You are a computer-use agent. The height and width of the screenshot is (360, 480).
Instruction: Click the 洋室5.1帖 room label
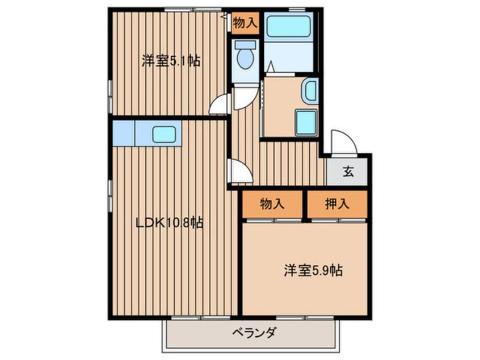pos(171,61)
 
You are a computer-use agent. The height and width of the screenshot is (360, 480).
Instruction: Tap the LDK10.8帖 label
pos(169,223)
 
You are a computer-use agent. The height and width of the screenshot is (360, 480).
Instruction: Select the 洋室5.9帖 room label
pos(313,270)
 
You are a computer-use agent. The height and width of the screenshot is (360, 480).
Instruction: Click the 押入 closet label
pos(337,204)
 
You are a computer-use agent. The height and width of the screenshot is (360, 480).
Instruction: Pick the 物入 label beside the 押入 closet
pos(272,204)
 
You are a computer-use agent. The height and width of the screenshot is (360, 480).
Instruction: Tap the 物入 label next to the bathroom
pos(245,23)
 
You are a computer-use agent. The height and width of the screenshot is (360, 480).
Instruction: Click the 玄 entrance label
pos(348,171)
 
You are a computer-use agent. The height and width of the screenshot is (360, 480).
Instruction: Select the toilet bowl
pos(246,59)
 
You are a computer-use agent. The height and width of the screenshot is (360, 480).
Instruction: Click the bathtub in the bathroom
pos(289,26)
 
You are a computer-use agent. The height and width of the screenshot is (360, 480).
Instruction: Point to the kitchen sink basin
pos(165,134)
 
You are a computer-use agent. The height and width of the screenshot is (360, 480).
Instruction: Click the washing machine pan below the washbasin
pos(306,122)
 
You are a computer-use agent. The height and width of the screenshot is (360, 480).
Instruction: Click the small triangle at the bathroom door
pos(271,66)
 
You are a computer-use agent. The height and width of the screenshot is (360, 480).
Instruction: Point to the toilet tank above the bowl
pos(245,45)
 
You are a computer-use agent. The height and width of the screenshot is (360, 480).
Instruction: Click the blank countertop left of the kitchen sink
pos(124,133)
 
